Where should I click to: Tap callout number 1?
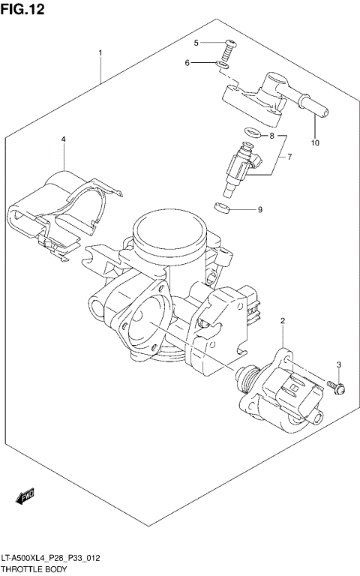100,53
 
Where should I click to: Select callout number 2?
282,322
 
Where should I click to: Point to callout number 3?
338,364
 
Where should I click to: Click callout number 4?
63,139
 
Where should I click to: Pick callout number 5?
196,43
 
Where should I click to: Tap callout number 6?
187,63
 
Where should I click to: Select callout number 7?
289,157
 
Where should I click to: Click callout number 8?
272,136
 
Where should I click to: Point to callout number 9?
259,209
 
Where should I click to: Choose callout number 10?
315,142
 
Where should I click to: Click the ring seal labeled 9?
222,207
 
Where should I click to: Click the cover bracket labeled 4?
64,210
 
